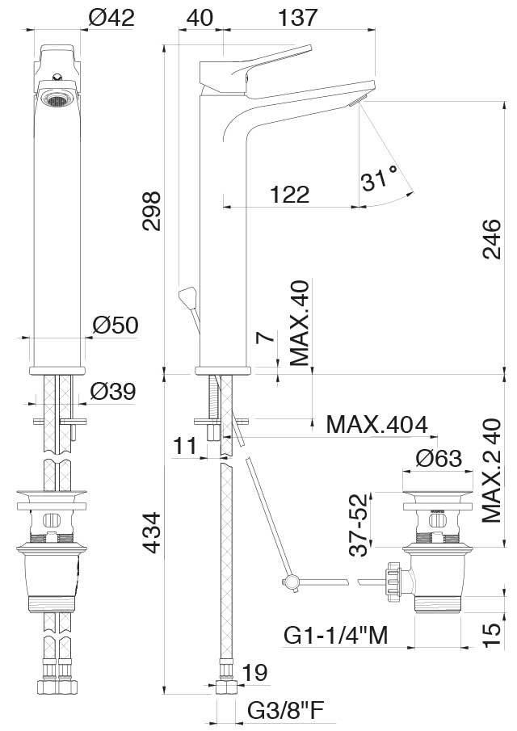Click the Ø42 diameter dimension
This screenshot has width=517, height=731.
point(111,17)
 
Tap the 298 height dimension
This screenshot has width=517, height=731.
point(152,212)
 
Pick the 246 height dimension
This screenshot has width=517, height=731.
point(491,239)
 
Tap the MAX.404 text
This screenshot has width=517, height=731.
point(376,424)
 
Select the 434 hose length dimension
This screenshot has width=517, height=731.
point(152,534)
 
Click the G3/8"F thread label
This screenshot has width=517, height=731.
point(285,711)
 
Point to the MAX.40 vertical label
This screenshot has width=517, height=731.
point(301,323)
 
